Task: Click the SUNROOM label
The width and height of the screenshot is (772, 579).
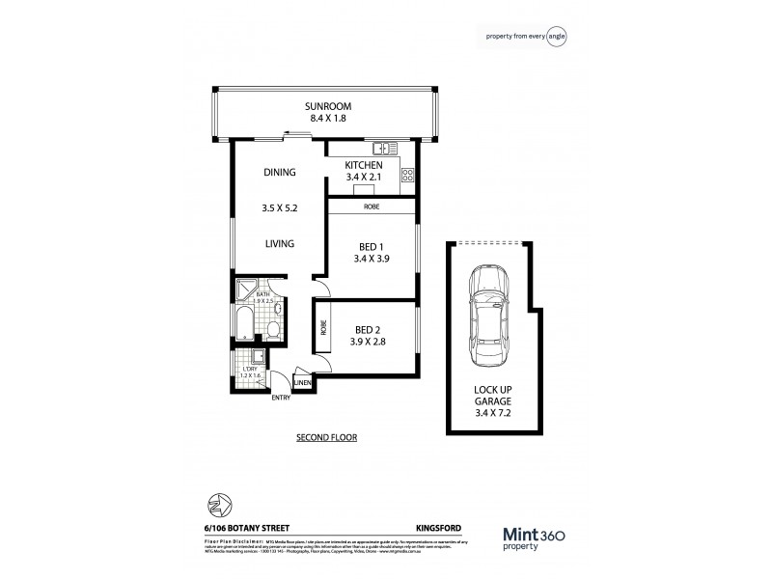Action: [x=327, y=105]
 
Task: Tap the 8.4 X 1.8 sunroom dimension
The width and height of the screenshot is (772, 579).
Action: [x=327, y=118]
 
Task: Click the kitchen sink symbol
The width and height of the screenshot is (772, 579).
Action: [x=386, y=148]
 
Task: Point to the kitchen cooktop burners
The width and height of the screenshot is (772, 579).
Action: [x=407, y=176]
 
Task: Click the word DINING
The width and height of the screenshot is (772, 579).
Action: [x=279, y=173]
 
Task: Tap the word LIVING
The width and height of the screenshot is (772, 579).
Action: [x=279, y=243]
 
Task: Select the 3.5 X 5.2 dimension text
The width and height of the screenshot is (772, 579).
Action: [x=279, y=207]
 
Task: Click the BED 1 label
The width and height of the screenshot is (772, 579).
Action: [x=370, y=247]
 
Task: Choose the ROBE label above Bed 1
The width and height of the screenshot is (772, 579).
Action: [x=371, y=206]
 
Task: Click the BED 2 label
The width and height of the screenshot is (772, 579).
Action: [x=368, y=328]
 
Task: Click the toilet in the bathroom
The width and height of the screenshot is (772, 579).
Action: [x=274, y=331]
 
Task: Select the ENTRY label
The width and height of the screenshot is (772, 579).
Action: [x=281, y=397]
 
